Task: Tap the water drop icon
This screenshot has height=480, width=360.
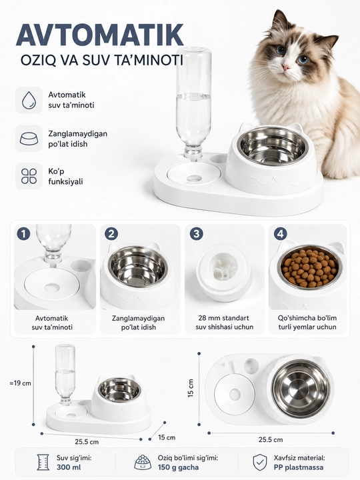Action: coord(29,100)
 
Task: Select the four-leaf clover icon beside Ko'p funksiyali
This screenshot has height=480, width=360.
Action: coord(29,176)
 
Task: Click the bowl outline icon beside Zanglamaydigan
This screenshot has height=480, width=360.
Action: coord(29,139)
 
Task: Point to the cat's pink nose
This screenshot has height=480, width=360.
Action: coord(286,67)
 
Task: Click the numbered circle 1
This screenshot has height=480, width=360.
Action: coord(23,234)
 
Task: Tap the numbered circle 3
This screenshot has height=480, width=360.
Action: coord(196,234)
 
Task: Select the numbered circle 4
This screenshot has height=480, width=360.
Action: coord(281,234)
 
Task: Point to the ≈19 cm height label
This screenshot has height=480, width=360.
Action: coord(20,383)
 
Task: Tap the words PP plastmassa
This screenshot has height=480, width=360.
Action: coord(299,467)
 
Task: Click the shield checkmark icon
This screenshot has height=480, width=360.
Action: coord(259,462)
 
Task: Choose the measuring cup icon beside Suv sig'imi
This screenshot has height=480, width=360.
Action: coord(43,462)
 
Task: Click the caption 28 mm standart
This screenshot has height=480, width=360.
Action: coord(224,318)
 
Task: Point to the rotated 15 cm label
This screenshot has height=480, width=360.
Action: coord(191,388)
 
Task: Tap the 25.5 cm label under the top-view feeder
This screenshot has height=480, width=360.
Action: coord(271,440)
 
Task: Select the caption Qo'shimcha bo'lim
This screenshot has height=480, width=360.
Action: coord(307,318)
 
